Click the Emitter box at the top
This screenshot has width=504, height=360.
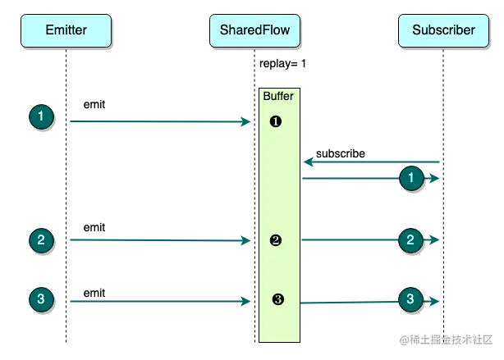pos(66,30)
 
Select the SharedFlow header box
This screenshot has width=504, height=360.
pos(255,30)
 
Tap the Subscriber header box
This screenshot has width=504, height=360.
pos(443,30)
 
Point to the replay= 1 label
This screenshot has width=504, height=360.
pos(282,64)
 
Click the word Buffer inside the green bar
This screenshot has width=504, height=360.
pos(278,96)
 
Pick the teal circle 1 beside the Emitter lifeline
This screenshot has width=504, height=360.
pos(42,116)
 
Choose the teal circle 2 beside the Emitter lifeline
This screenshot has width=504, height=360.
pos(42,240)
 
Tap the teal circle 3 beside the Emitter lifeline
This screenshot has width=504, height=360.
pos(42,299)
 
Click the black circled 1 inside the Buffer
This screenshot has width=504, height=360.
pos(276,121)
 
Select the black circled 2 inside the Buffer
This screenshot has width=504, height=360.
pos(276,240)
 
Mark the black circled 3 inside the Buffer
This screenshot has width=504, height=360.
pos(278,299)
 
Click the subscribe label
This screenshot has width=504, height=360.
pos(341,154)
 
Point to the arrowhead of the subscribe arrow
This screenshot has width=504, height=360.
pos(305,162)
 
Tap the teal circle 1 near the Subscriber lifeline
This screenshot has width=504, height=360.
pos(411,178)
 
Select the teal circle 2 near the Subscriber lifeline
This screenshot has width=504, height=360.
pos(410,240)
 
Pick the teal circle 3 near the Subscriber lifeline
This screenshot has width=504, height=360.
pos(410,299)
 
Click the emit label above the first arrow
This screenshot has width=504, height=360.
pos(94,105)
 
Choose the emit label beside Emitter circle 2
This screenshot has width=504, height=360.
pos(94,228)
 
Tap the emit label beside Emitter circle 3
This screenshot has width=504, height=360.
pos(94,294)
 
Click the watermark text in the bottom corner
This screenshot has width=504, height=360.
pos(446,339)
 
